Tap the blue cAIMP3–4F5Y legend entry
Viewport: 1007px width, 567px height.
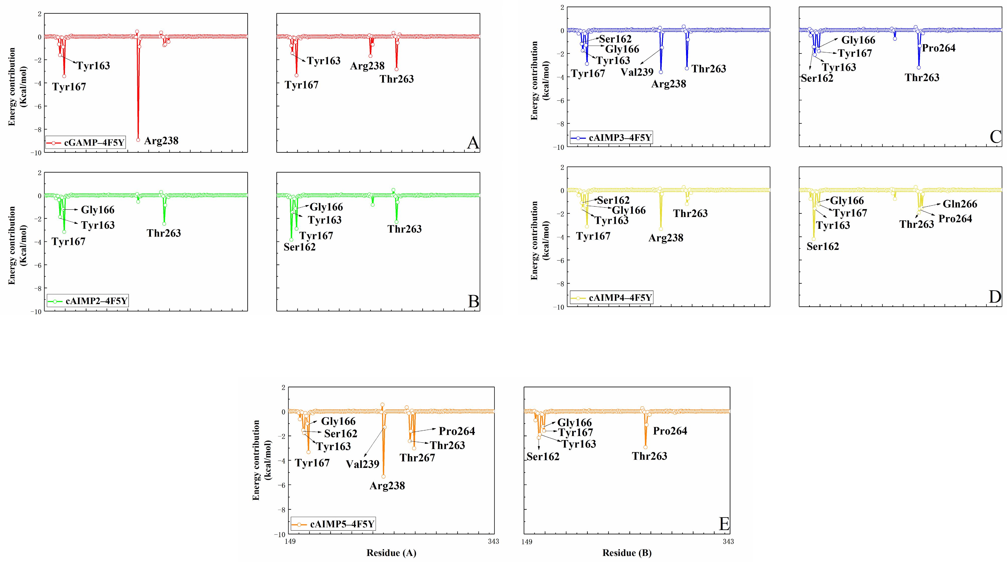tap(611, 138)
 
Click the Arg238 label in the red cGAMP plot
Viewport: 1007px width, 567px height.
tap(161, 141)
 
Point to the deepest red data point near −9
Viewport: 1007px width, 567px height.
tap(138, 139)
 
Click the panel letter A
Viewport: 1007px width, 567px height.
tap(473, 143)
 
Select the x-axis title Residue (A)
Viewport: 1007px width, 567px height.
tap(391, 553)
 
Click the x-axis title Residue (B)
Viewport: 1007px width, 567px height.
tap(627, 553)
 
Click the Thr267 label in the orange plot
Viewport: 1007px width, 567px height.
tap(417, 458)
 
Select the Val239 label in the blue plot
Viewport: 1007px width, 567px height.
tap(637, 72)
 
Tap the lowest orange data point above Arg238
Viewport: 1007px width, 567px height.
tap(383, 476)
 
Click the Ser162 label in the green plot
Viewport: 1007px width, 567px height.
tap(299, 247)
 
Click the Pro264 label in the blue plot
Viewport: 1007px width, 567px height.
tap(939, 48)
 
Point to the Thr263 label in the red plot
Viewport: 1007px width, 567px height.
tap(396, 79)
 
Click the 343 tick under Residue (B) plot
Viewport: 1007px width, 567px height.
tap(728, 542)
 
